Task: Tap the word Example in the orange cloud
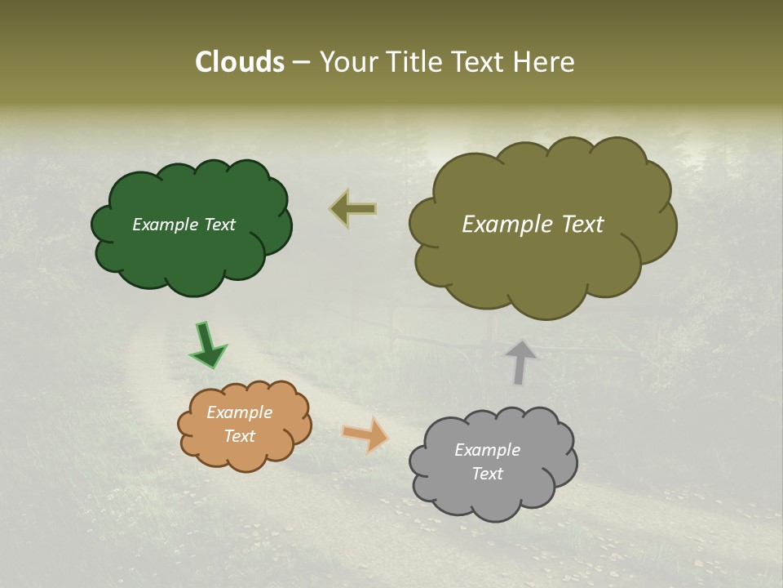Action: [239, 413]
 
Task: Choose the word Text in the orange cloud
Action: [239, 436]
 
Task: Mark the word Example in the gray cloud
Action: [487, 450]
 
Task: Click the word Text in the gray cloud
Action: [487, 474]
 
